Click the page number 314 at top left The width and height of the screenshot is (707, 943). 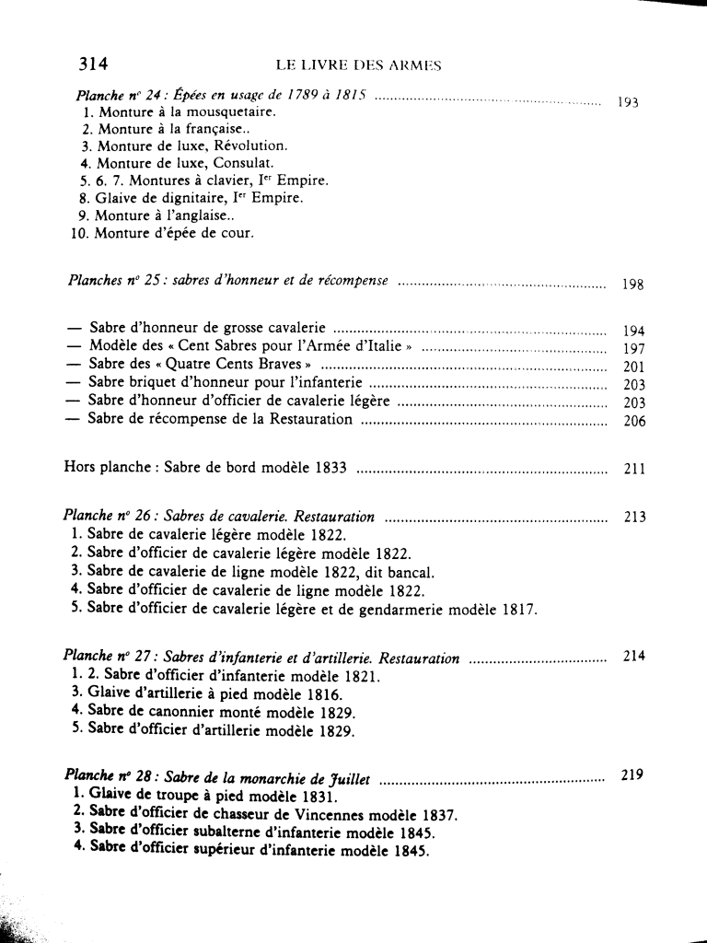click(94, 64)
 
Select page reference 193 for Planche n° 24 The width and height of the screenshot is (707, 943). click(628, 103)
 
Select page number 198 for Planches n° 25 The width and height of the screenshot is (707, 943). click(632, 285)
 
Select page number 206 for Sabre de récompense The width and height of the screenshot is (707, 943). click(634, 421)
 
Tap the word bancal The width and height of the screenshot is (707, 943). click(400, 571)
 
